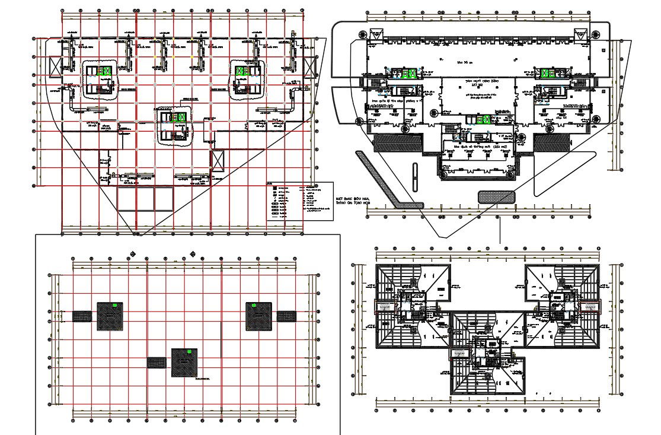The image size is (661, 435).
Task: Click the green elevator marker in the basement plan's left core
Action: [106, 72]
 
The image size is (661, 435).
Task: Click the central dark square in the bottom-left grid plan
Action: [184, 362]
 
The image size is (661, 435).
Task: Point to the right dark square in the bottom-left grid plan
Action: [258, 316]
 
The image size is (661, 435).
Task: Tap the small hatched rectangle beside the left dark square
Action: [82, 316]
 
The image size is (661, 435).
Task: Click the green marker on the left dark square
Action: [116, 305]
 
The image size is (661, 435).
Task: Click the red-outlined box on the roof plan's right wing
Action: [589, 306]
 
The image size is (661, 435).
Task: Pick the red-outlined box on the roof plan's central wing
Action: [459, 354]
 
